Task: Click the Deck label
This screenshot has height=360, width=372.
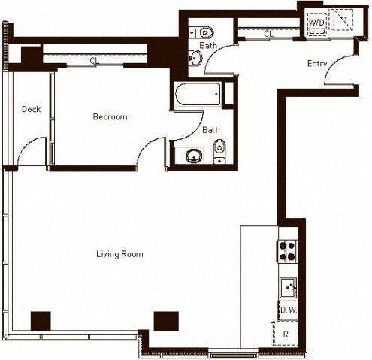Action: (31, 110)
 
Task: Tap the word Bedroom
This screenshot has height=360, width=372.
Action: (110, 117)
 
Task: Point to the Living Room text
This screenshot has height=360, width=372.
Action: (119, 254)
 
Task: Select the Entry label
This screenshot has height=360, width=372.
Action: (317, 64)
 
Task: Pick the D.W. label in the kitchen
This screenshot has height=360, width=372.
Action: (286, 309)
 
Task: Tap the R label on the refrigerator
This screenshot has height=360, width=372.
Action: (286, 333)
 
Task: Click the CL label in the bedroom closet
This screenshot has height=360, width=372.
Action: (93, 62)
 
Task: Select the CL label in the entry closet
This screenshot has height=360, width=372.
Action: (268, 34)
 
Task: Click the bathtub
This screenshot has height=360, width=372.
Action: (196, 96)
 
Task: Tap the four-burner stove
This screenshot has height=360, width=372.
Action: (287, 251)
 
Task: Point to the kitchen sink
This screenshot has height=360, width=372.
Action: (289, 286)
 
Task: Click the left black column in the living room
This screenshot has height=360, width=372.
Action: (40, 320)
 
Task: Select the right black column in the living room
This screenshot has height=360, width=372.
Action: (165, 320)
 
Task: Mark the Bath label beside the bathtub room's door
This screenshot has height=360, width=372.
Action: (211, 130)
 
